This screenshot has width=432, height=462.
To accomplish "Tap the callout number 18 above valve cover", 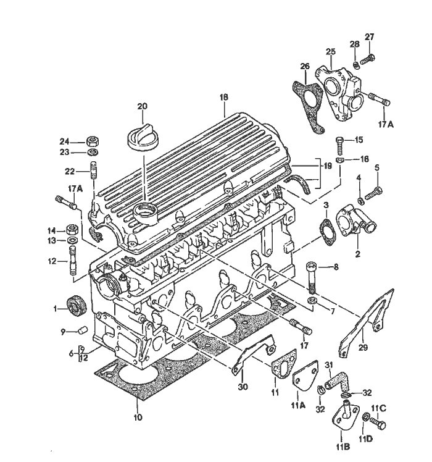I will coord(223,98).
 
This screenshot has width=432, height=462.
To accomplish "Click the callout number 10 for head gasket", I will coord(137,418).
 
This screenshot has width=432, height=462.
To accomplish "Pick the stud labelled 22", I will coord(93,170).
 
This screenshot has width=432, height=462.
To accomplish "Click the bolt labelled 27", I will coord(369,59).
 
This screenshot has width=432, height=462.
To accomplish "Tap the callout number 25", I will coord(330,51).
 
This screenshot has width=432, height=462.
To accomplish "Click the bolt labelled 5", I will coord(372,194).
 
